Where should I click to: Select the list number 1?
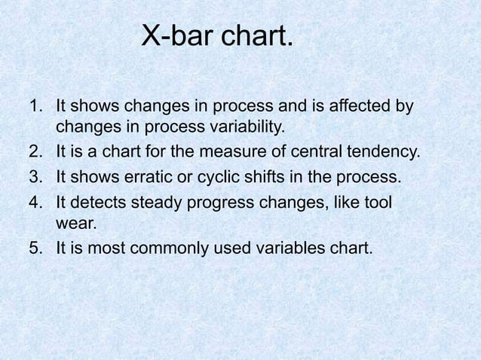tap(35, 107)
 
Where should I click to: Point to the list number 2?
tap(35, 151)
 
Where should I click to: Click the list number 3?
tap(35, 178)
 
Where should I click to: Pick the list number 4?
tap(35, 203)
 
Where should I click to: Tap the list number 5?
tap(35, 248)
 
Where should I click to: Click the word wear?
tap(76, 223)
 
